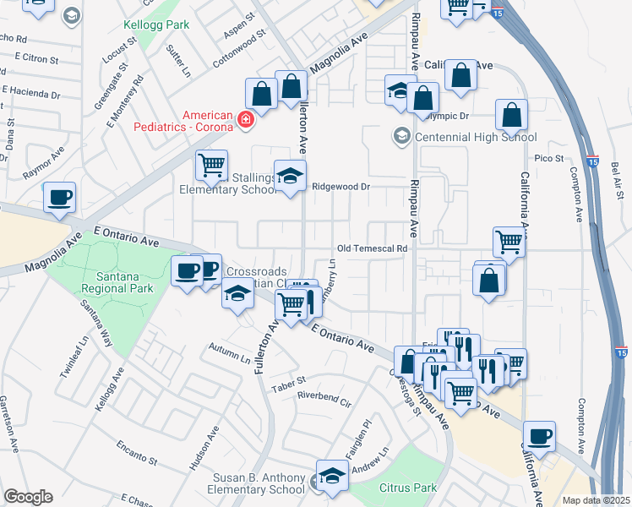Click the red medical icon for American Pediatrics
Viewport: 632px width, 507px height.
click(246, 121)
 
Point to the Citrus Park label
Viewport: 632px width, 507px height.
click(409, 488)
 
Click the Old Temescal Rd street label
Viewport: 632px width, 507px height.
click(372, 249)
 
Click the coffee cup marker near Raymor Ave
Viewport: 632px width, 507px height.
click(59, 197)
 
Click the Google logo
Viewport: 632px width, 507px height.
click(28, 497)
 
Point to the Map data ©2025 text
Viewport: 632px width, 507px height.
click(596, 500)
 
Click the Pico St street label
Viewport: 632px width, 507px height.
click(548, 158)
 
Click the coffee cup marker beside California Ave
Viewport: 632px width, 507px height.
click(539, 436)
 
